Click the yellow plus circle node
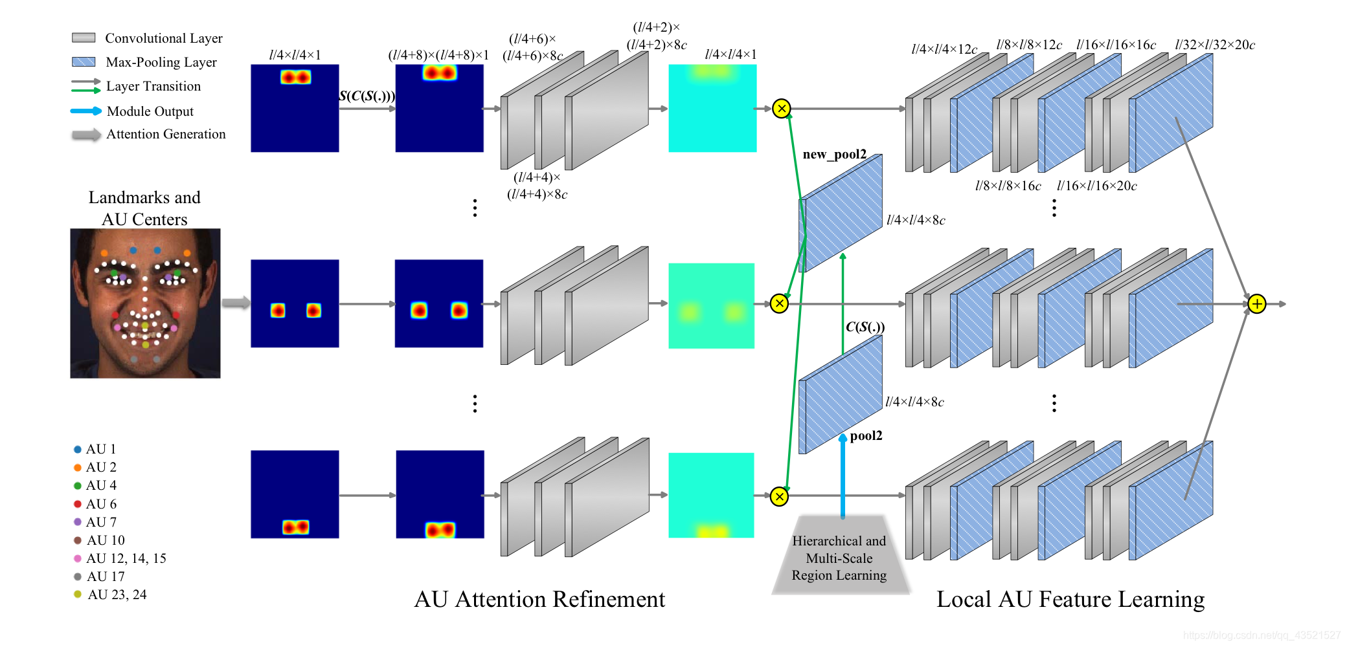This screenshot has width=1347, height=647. pyautogui.click(x=1256, y=303)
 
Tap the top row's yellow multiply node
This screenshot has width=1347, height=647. pyautogui.click(x=782, y=108)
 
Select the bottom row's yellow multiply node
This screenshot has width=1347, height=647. pyautogui.click(x=779, y=496)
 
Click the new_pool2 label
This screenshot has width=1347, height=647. pyautogui.click(x=834, y=154)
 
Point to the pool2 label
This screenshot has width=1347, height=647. pyautogui.click(x=866, y=435)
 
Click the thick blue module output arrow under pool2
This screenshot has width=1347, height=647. pyautogui.click(x=843, y=479)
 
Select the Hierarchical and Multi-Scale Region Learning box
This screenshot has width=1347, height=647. pyautogui.click(x=839, y=557)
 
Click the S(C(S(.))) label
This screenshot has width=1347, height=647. pyautogui.click(x=367, y=96)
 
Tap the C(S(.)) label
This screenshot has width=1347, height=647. pyautogui.click(x=865, y=327)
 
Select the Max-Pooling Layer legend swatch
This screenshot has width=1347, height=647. pyautogui.click(x=84, y=62)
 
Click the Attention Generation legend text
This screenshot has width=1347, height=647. pyautogui.click(x=166, y=134)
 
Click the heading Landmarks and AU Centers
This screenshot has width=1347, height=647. pyautogui.click(x=144, y=208)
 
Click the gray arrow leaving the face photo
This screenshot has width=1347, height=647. pyautogui.click(x=236, y=303)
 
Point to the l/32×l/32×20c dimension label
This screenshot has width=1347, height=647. pyautogui.click(x=1215, y=45)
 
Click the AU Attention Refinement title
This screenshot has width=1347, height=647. pyautogui.click(x=539, y=599)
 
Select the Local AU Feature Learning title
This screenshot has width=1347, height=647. pyautogui.click(x=1070, y=599)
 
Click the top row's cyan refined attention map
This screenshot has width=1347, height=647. pyautogui.click(x=712, y=108)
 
